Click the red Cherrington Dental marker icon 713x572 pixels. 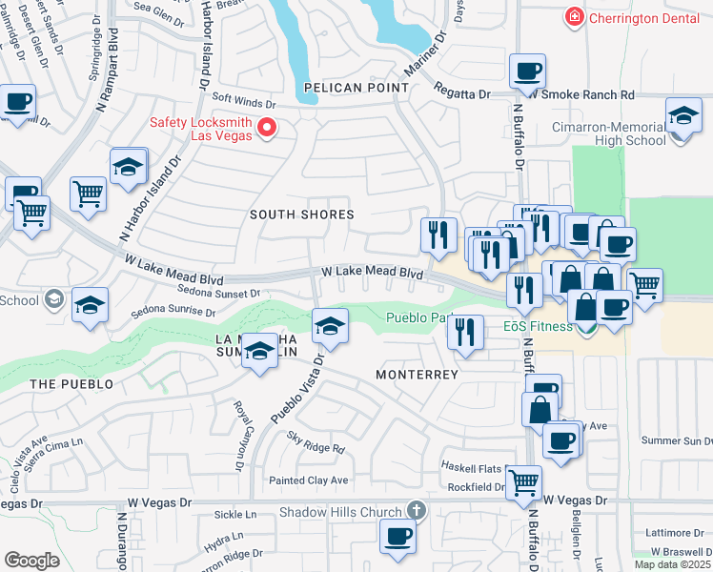pyautogui.click(x=574, y=16)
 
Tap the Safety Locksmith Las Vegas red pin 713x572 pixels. pyautogui.click(x=268, y=127)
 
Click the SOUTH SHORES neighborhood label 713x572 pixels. pyautogui.click(x=301, y=214)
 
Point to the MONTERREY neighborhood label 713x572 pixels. pyautogui.click(x=417, y=375)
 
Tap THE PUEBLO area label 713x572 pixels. pyautogui.click(x=71, y=384)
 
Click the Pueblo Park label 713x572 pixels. pyautogui.click(x=417, y=318)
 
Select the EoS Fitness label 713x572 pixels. pyautogui.click(x=538, y=327)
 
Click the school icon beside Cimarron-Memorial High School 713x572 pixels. pyautogui.click(x=683, y=116)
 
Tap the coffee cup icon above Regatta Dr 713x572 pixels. pyautogui.click(x=527, y=71)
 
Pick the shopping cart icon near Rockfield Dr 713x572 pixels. pyautogui.click(x=523, y=483)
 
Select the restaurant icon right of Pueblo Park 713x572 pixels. pyautogui.click(x=464, y=333)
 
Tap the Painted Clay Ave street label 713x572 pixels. pyautogui.click(x=308, y=480)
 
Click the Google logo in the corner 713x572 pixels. pyautogui.click(x=32, y=560)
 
